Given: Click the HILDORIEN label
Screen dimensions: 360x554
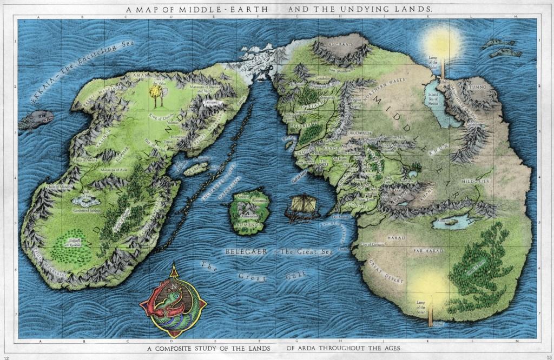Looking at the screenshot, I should [476, 182].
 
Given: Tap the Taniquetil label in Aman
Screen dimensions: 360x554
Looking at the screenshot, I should [212, 101].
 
